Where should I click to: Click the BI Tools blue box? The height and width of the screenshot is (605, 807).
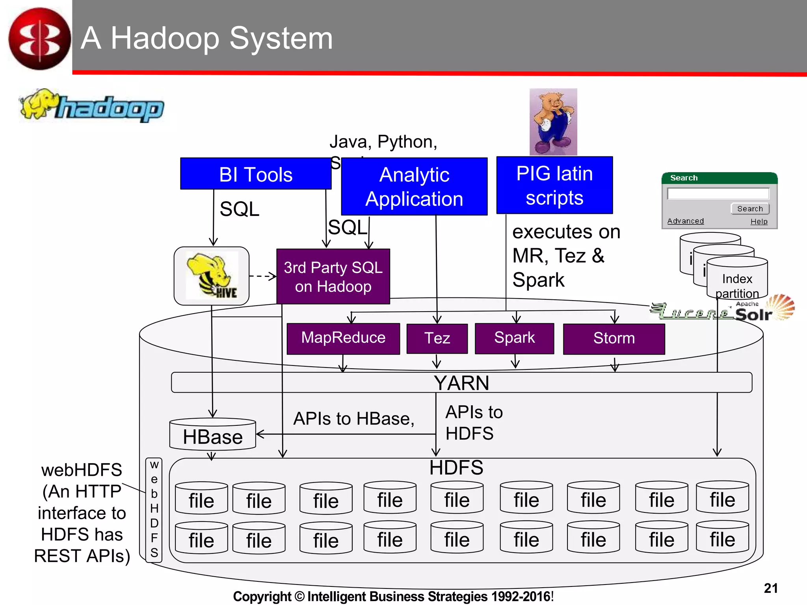(x=255, y=174)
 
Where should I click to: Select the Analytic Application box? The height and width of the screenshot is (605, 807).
(x=414, y=187)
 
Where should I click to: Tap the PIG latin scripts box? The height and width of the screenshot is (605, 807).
(x=554, y=185)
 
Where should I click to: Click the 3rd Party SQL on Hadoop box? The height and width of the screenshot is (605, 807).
(x=333, y=277)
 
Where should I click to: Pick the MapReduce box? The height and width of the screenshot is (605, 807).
(x=343, y=338)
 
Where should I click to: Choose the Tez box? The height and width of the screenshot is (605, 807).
(x=437, y=338)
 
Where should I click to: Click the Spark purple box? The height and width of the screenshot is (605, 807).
(x=514, y=338)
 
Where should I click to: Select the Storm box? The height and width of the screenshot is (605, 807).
(x=614, y=338)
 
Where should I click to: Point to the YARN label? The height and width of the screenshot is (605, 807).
(x=461, y=383)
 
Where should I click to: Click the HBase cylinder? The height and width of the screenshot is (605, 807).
(x=212, y=435)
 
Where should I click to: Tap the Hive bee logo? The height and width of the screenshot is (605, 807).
(x=212, y=276)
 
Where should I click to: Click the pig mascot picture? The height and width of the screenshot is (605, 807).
(x=553, y=122)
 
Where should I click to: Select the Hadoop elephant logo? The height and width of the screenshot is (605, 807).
(x=91, y=106)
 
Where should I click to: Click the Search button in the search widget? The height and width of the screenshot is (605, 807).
(x=749, y=209)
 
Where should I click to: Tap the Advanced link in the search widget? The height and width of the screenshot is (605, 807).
(x=685, y=221)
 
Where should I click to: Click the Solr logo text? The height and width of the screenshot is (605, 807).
(x=753, y=314)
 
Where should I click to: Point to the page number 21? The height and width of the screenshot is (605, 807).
(x=770, y=588)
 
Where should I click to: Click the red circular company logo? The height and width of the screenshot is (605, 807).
(x=39, y=39)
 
